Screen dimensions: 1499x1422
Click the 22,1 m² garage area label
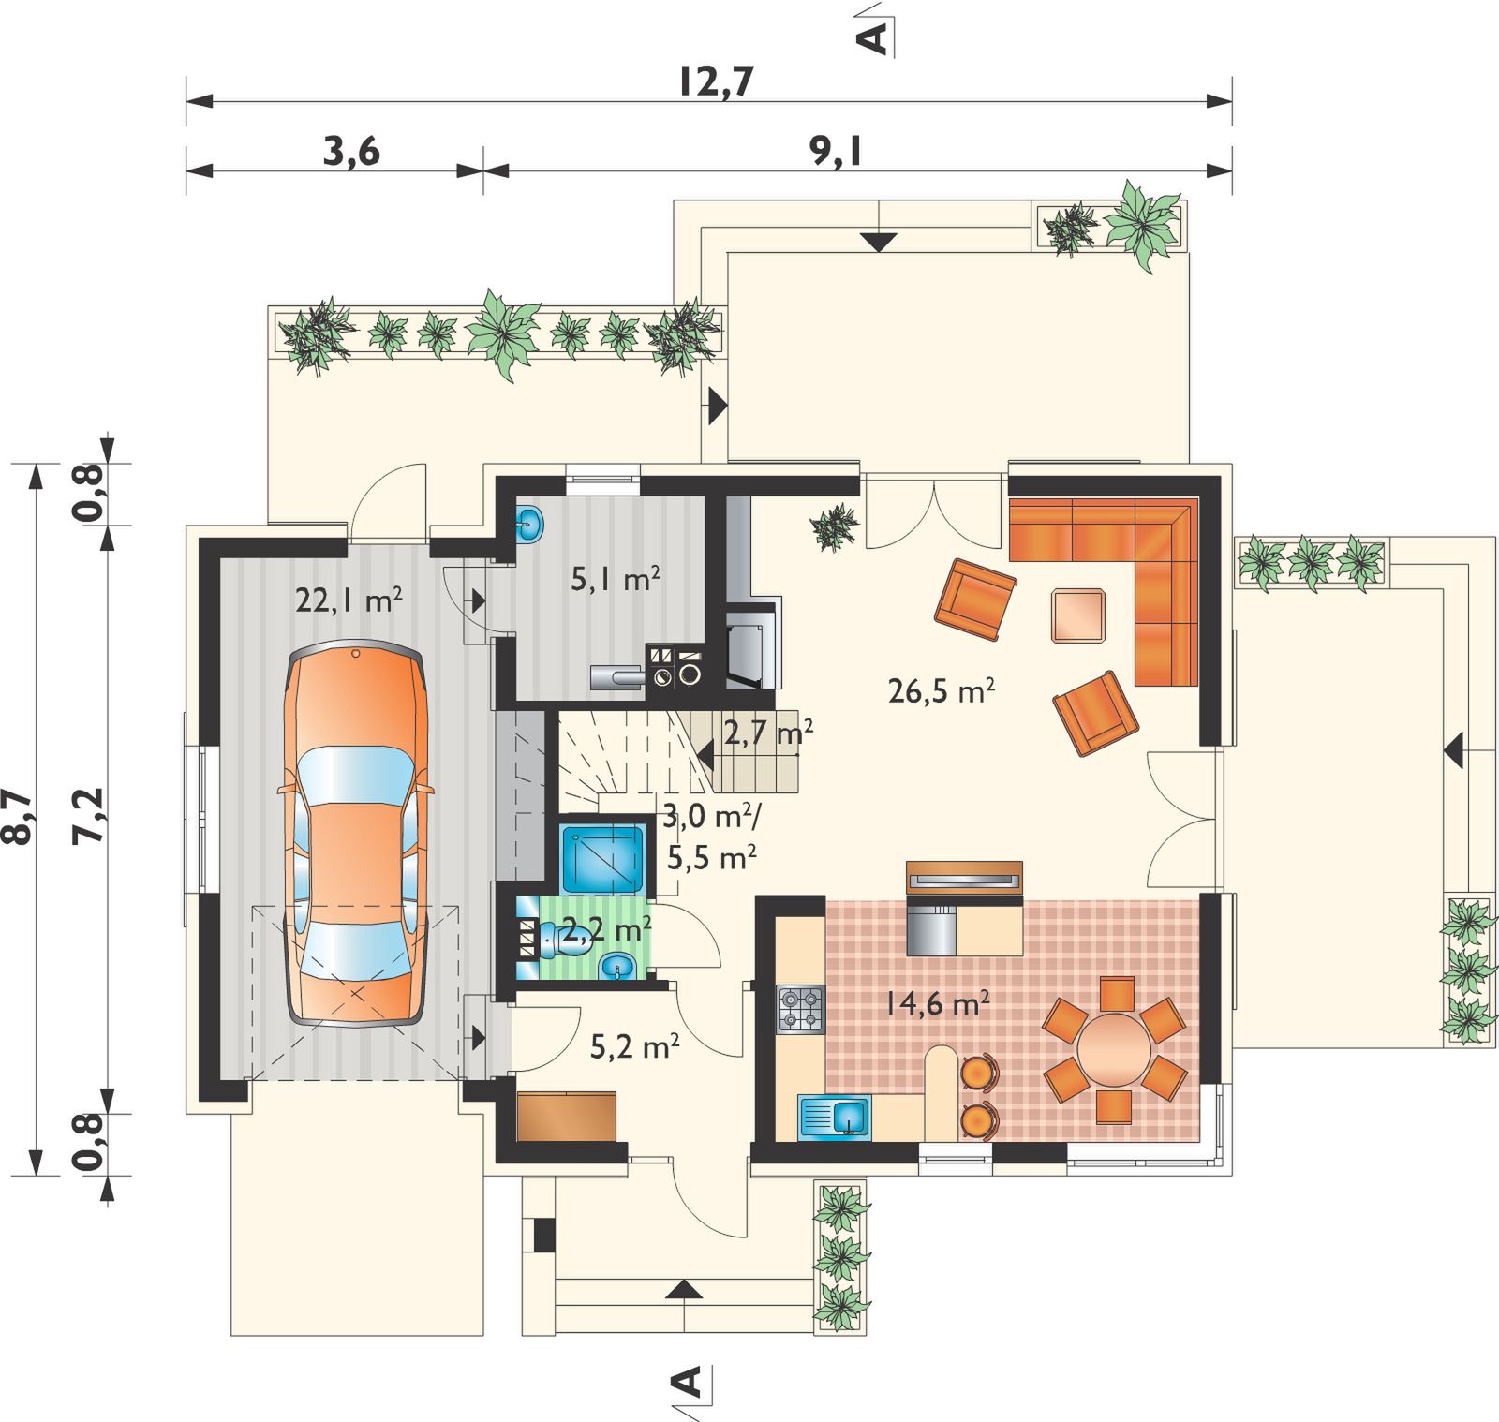click(x=349, y=600)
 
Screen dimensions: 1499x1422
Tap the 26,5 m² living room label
click(x=941, y=691)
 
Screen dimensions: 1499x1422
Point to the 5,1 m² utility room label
click(x=616, y=579)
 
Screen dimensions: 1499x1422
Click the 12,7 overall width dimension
click(x=716, y=81)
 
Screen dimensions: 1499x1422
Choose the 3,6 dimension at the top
click(x=351, y=151)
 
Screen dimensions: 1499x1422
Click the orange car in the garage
click(x=356, y=834)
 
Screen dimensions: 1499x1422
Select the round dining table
click(x=1114, y=1049)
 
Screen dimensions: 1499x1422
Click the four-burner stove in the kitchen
click(x=801, y=1009)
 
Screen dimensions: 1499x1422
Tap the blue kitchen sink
click(x=835, y=1118)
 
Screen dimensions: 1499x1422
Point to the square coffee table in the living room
click(x=1077, y=615)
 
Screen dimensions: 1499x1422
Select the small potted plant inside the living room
click(x=834, y=527)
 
